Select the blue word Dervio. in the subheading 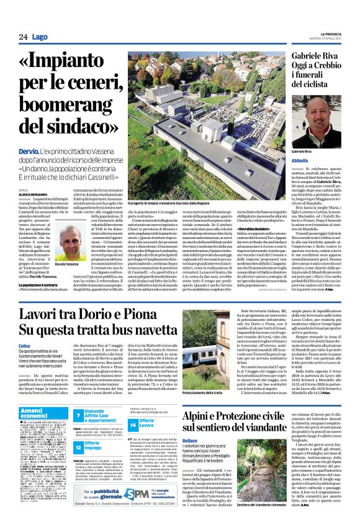pos(30,134)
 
